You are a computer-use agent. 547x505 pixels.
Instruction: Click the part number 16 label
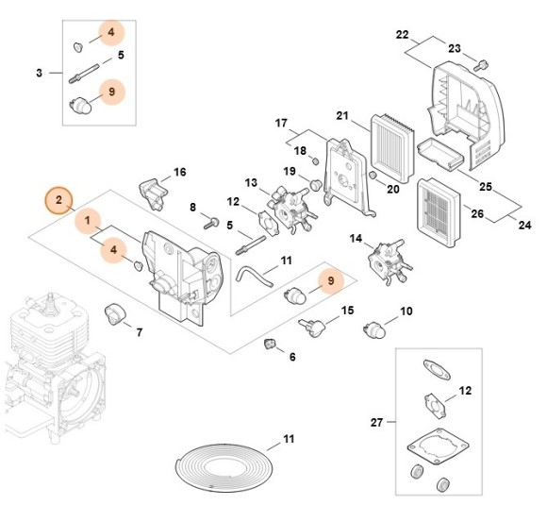click(x=179, y=172)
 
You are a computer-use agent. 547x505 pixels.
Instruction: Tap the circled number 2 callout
click(x=58, y=200)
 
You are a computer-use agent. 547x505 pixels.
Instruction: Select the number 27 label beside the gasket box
click(x=376, y=422)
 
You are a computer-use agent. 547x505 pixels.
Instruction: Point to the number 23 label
click(x=455, y=48)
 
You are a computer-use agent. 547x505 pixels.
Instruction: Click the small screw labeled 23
click(x=481, y=65)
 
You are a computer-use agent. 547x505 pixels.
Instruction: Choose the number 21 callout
click(x=342, y=115)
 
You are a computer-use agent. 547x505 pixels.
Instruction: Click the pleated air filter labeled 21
click(x=392, y=149)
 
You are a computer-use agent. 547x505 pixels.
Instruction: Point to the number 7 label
click(x=140, y=332)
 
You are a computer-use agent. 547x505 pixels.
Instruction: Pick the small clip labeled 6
click(x=270, y=344)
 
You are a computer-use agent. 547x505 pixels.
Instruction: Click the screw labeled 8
click(x=211, y=223)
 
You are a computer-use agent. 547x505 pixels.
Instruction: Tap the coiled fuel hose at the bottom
click(x=224, y=464)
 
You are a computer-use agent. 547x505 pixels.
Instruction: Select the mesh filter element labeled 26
click(x=439, y=210)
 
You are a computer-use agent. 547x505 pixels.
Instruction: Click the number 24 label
click(x=524, y=226)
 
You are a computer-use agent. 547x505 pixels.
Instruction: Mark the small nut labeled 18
click(x=315, y=161)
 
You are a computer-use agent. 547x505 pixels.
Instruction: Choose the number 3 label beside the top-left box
click(x=39, y=73)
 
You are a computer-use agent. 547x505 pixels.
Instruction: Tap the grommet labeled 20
click(x=373, y=175)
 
